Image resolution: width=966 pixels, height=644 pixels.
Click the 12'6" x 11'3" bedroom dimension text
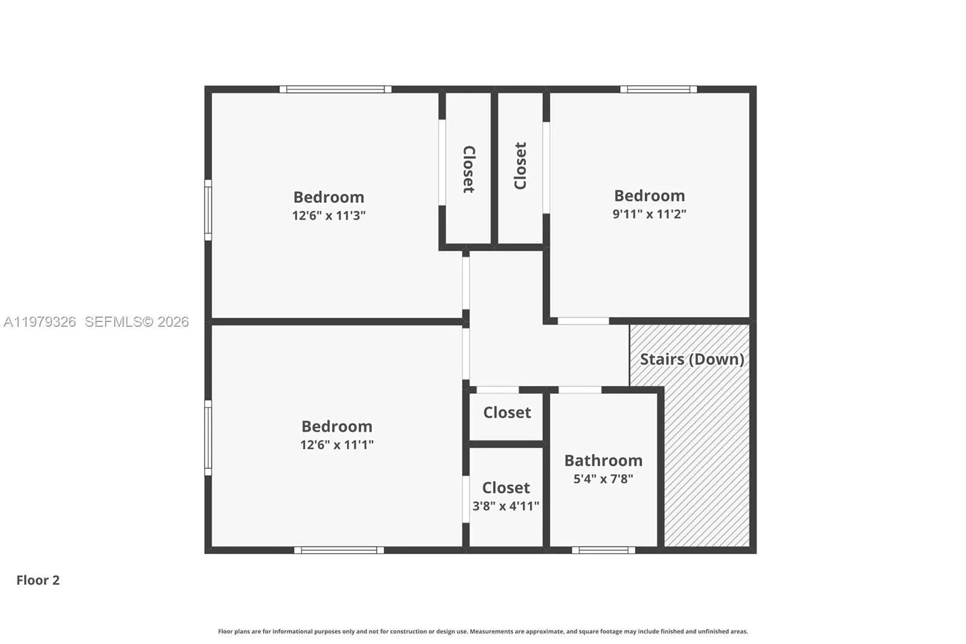[x=328, y=216]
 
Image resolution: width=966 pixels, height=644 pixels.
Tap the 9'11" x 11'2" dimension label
[x=649, y=214]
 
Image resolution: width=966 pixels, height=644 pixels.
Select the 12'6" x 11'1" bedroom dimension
[x=336, y=445]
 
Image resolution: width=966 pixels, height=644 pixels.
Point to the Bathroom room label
[x=603, y=460]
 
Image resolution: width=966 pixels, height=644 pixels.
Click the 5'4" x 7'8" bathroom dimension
[x=603, y=479]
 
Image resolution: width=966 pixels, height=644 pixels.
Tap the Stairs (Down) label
[x=691, y=359]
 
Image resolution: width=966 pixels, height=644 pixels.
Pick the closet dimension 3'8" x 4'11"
[x=505, y=506]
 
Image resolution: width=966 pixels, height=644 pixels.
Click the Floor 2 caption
[x=37, y=580]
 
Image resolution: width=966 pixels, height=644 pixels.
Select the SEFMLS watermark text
[x=136, y=322]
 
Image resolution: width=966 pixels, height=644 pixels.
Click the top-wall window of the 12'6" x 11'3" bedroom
[x=335, y=89]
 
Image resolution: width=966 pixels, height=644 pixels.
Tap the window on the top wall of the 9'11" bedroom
[x=658, y=89]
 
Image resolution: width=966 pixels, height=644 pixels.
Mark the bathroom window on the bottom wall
[x=603, y=550]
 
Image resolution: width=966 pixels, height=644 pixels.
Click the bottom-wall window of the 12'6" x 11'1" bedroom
[x=339, y=550]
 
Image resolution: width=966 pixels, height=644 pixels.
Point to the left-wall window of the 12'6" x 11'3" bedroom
[x=208, y=210]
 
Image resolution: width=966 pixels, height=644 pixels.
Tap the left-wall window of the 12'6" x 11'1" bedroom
[x=208, y=437]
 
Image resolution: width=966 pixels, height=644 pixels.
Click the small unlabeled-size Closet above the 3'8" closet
[x=507, y=413]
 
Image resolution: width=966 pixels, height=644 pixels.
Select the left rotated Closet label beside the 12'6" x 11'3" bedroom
[x=469, y=169]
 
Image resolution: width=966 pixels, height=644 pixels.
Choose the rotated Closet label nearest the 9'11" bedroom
[x=520, y=166]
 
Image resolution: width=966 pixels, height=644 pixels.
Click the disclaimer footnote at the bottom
[x=482, y=631]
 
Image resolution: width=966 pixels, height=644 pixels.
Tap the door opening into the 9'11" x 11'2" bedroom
[x=583, y=321]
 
